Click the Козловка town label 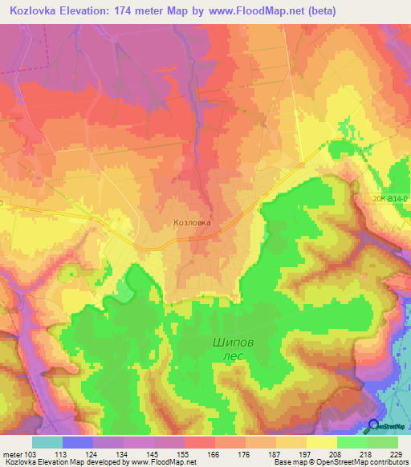pos(192,223)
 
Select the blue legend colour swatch pos(78,442)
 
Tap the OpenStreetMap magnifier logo pos(374,426)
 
